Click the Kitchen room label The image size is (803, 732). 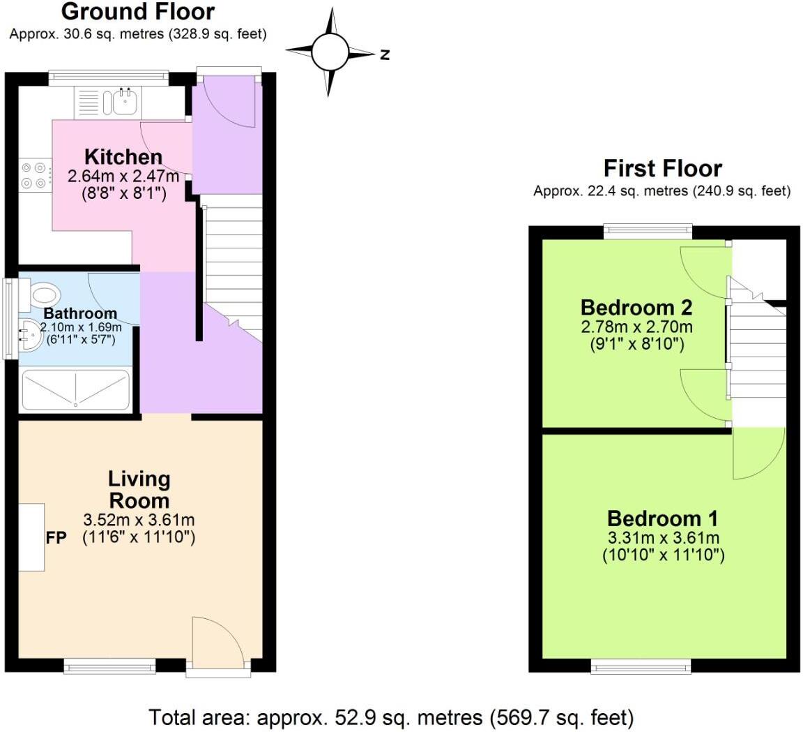[x=123, y=156]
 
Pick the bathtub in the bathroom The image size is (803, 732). [x=75, y=389]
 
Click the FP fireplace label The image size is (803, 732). [x=56, y=538]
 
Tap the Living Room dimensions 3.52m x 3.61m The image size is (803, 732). [x=139, y=520]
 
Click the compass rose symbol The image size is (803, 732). [x=330, y=52]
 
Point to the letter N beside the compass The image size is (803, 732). [x=384, y=54]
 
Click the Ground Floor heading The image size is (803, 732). [x=138, y=12]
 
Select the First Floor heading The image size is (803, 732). [x=662, y=168]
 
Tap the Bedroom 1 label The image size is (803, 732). [x=662, y=518]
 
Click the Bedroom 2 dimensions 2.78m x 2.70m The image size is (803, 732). [x=636, y=327]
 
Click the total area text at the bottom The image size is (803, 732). [x=392, y=717]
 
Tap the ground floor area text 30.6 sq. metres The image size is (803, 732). [x=138, y=33]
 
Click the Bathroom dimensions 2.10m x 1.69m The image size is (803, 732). [x=81, y=327]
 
